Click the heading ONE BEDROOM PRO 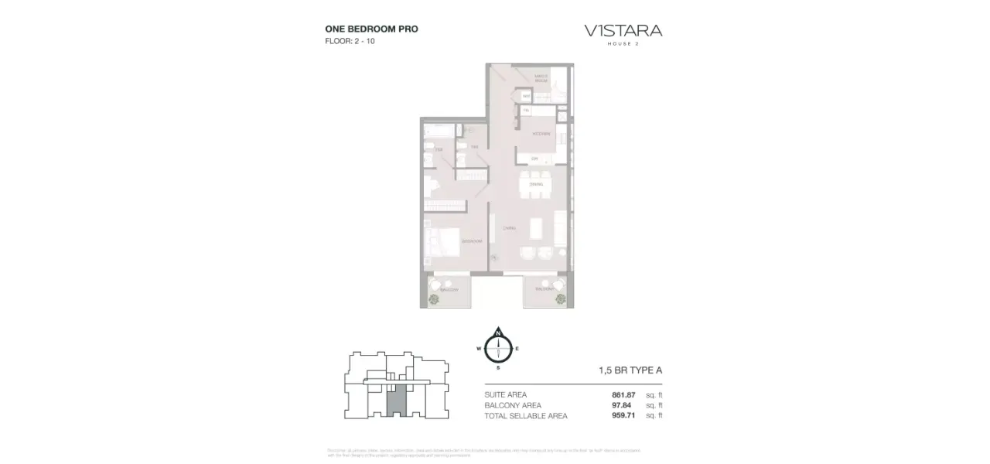(x=371, y=29)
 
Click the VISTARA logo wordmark (x=623, y=31)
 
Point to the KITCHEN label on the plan (x=541, y=134)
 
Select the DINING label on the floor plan (x=536, y=184)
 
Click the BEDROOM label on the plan (x=472, y=241)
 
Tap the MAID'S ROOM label (x=541, y=77)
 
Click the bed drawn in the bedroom (x=442, y=243)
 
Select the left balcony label (x=449, y=290)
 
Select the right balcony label (x=544, y=288)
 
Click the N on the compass (x=499, y=333)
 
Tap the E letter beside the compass (x=517, y=349)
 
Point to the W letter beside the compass (x=479, y=349)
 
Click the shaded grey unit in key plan (x=394, y=402)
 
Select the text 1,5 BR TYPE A (x=630, y=370)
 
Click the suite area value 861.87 (x=623, y=395)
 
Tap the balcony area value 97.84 (x=623, y=405)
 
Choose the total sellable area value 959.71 (x=623, y=415)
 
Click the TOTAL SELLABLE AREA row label (x=526, y=415)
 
